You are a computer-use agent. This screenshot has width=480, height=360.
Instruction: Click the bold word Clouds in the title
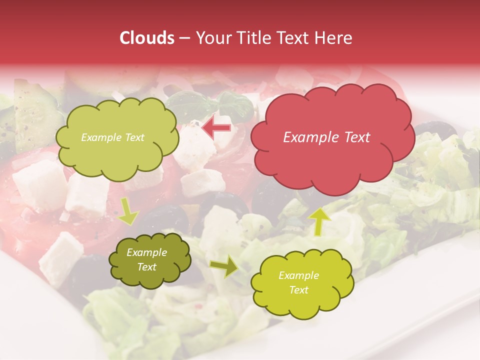[147, 38]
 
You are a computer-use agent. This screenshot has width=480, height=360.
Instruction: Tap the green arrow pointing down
[128, 211]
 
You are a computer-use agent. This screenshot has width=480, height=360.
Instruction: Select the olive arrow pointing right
[224, 266]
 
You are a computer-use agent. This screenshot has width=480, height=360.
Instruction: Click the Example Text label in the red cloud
[326, 137]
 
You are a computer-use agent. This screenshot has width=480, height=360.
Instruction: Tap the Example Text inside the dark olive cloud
[147, 259]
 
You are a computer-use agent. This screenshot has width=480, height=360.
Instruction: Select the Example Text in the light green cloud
[112, 137]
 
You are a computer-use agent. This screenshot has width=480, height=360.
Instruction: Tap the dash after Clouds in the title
[183, 38]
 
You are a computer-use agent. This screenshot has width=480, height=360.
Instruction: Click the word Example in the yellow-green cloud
[298, 275]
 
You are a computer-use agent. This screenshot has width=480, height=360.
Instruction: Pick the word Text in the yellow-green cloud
[298, 290]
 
